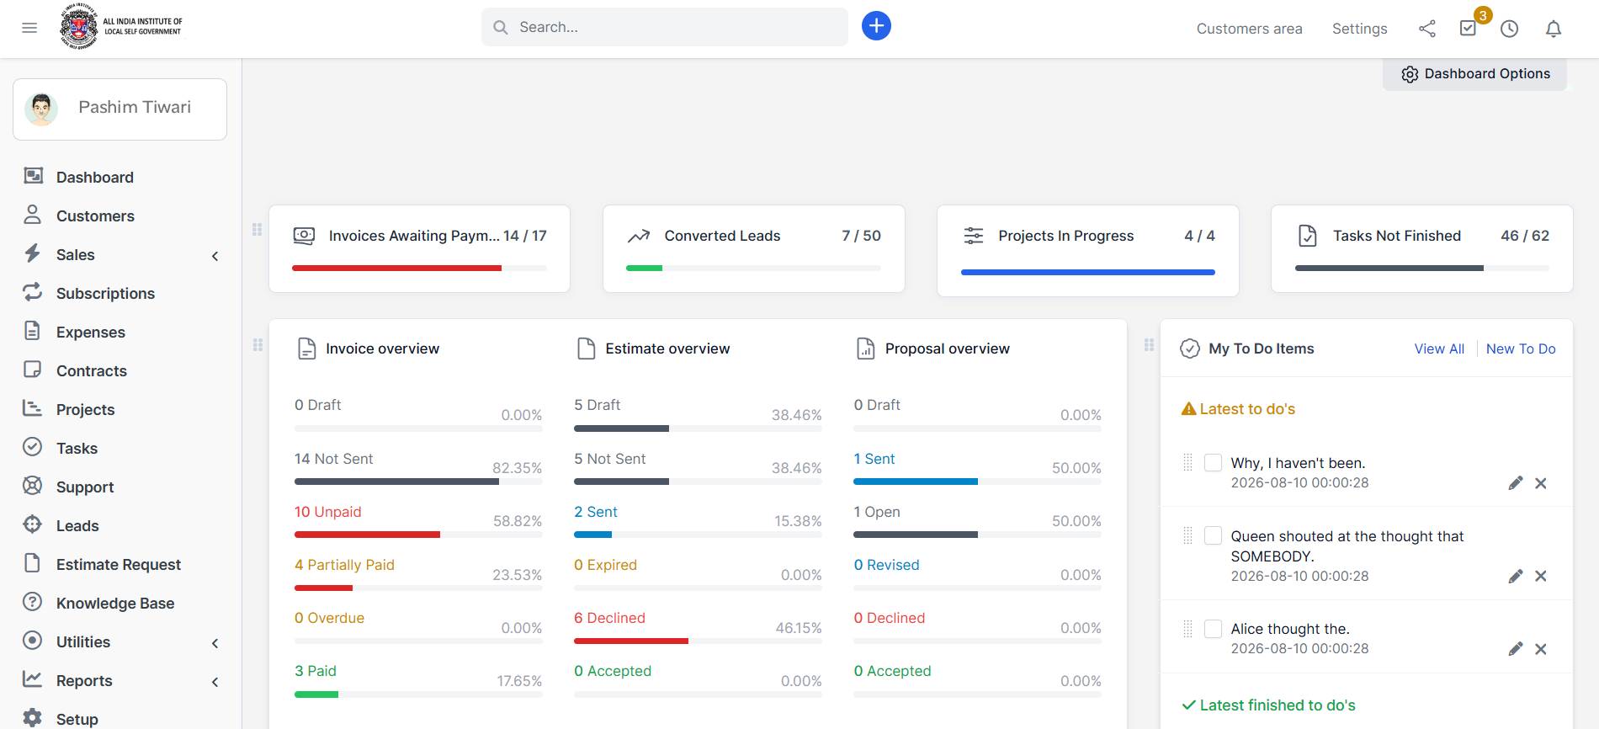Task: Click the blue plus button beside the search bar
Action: pyautogui.click(x=876, y=26)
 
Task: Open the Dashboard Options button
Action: pyautogui.click(x=1475, y=74)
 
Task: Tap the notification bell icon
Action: pyautogui.click(x=1554, y=29)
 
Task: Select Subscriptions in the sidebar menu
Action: pyautogui.click(x=105, y=293)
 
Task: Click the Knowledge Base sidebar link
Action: pyautogui.click(x=115, y=603)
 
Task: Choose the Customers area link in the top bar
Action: pyautogui.click(x=1249, y=29)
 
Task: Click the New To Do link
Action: pyautogui.click(x=1521, y=349)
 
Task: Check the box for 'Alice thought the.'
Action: pyautogui.click(x=1213, y=629)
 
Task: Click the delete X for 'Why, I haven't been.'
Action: pyautogui.click(x=1540, y=483)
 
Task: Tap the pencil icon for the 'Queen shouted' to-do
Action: pyautogui.click(x=1516, y=576)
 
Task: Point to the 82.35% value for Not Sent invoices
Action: pyautogui.click(x=517, y=468)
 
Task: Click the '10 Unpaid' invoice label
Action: pyautogui.click(x=327, y=512)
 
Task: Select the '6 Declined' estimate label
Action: pyautogui.click(x=609, y=618)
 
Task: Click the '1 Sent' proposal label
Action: pyautogui.click(x=874, y=459)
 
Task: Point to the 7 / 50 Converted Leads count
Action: pyautogui.click(x=861, y=236)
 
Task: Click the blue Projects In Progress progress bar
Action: pyautogui.click(x=1087, y=272)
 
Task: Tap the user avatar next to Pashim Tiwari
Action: pyautogui.click(x=41, y=109)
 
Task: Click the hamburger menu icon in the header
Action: pyautogui.click(x=29, y=28)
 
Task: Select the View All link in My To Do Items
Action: pyautogui.click(x=1439, y=349)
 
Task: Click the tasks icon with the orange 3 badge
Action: pyautogui.click(x=1469, y=28)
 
